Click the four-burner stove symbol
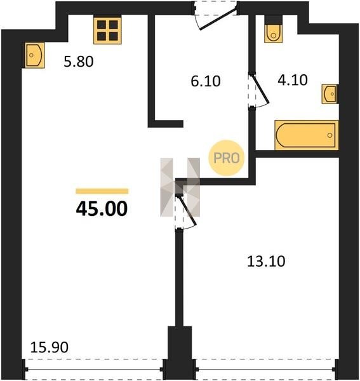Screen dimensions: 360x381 107,30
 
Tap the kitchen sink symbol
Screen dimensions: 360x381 34,55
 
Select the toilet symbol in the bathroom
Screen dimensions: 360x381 273,29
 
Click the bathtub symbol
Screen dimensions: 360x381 307,135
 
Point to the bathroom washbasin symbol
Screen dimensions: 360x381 330,94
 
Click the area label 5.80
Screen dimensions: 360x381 79,62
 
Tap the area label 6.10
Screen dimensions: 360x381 206,81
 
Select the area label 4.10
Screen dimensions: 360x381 293,80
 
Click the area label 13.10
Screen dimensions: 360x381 266,262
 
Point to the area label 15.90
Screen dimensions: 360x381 49,347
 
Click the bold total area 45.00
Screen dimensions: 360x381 102,209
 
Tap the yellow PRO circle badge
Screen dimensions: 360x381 226,158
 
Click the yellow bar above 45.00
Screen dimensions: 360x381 102,191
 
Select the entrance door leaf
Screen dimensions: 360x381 218,19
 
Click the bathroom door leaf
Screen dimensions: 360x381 260,89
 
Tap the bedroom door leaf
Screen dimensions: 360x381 187,210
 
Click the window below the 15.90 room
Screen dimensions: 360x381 94,370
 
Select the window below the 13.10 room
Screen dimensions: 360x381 266,370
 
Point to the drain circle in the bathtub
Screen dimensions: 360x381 330,135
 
